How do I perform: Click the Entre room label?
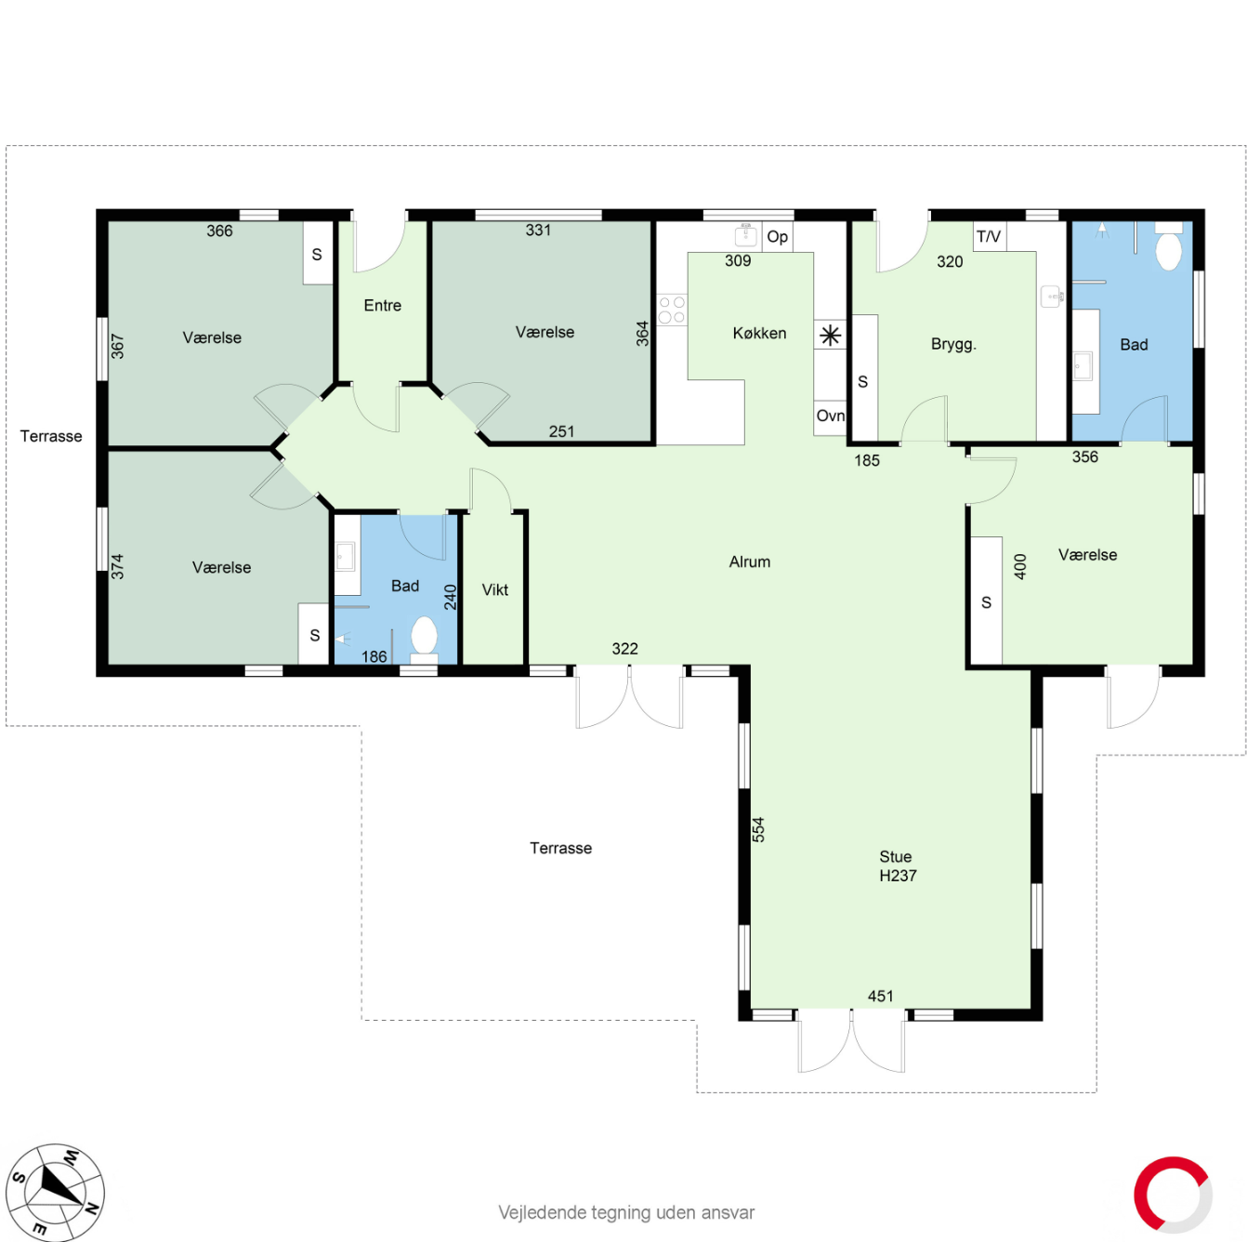pos(382,305)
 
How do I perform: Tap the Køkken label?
pos(759,333)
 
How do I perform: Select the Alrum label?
pos(749,562)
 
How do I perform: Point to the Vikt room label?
pos(494,589)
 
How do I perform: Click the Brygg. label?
pos(953,344)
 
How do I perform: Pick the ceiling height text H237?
pos(898,876)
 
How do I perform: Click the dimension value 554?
pos(758,829)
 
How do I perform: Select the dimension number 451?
pos(880,996)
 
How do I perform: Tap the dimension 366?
pos(219,231)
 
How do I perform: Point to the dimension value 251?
pos(561,431)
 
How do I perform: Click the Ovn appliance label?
pos(830,416)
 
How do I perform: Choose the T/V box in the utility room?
pos(989,236)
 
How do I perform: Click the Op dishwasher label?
pos(777,237)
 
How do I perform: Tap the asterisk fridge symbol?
pos(831,336)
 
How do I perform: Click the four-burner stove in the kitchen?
pos(672,310)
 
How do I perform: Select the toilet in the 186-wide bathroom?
pos(424,637)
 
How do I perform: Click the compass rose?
pos(55,1192)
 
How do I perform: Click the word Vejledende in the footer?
pos(542,1213)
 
